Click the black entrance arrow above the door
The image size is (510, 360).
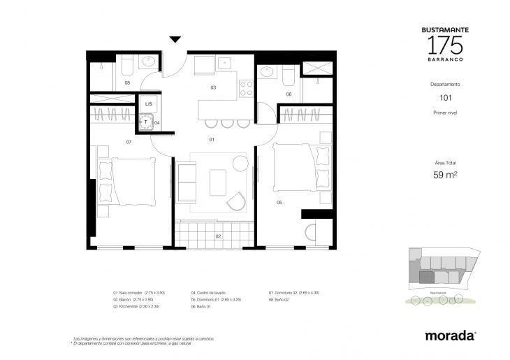tap(175, 40)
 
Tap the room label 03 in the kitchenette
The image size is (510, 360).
tap(212, 88)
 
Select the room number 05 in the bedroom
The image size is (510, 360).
tap(279, 203)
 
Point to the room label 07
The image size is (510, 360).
tap(129, 142)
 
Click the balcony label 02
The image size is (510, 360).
tap(218, 236)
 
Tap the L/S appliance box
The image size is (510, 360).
tap(149, 104)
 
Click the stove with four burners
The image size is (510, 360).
tap(246, 88)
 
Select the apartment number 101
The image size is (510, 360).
tap(445, 98)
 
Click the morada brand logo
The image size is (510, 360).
tap(451, 336)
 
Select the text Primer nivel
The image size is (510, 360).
tap(445, 112)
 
